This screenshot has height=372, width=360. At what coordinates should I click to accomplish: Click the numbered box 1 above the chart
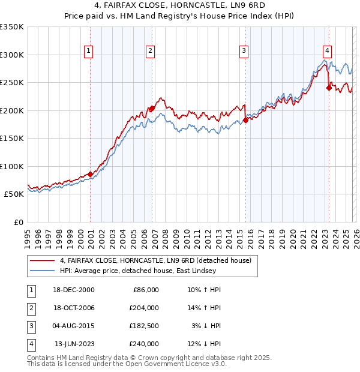click(88, 51)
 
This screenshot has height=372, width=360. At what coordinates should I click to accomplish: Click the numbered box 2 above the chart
click(150, 51)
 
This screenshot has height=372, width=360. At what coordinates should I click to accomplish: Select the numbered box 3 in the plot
click(244, 51)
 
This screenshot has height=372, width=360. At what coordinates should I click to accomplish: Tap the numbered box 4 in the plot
click(327, 51)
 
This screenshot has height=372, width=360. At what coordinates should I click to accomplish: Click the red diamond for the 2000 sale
click(91, 174)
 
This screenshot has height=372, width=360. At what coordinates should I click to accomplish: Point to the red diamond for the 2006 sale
click(152, 109)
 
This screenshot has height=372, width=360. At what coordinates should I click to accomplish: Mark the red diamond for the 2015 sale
click(246, 121)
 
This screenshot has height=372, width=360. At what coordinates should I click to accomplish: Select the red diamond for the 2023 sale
click(329, 88)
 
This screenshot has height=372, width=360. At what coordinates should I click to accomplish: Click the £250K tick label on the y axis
click(12, 83)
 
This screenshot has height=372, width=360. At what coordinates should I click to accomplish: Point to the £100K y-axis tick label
click(12, 166)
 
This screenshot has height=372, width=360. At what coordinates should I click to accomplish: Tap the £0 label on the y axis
click(18, 222)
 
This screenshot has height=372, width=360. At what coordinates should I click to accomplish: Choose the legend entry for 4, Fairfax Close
click(158, 260)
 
